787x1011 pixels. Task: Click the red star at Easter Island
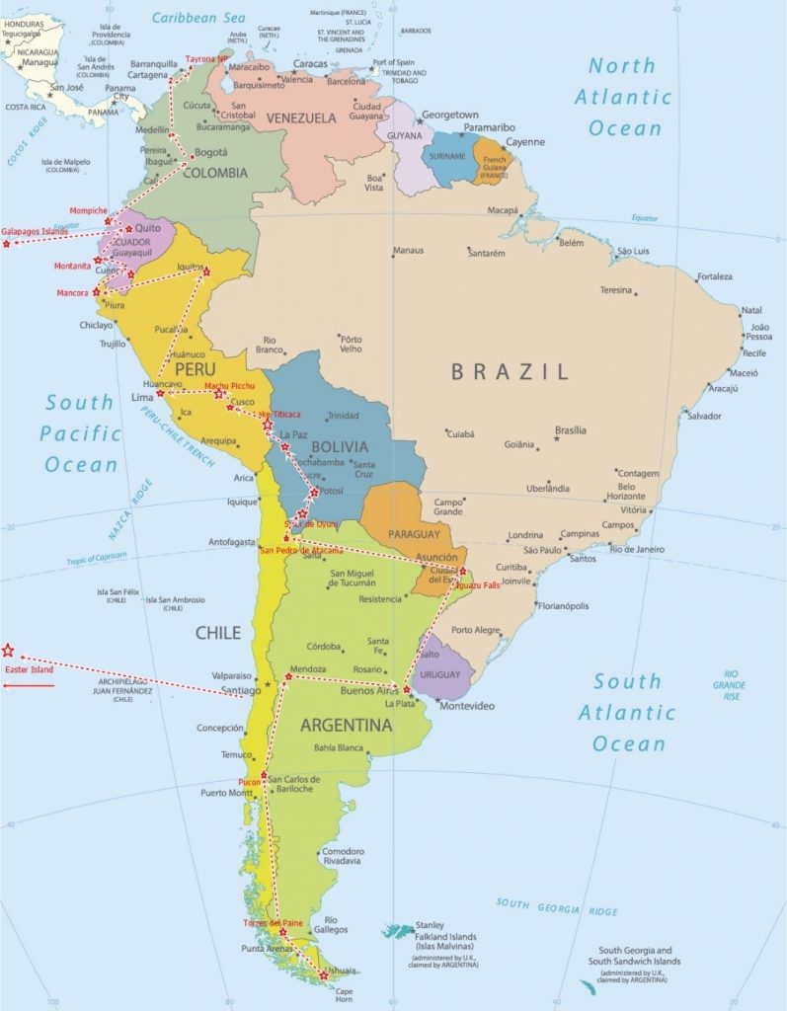(8, 650)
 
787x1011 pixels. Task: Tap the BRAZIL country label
(510, 371)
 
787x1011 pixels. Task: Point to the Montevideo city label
(466, 706)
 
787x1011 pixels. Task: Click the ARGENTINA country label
(345, 726)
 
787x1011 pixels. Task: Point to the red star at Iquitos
(206, 272)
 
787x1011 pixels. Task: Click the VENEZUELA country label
(301, 117)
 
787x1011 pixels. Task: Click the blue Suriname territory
(448, 162)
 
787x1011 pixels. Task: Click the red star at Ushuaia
(324, 974)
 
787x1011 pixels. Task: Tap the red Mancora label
(72, 292)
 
